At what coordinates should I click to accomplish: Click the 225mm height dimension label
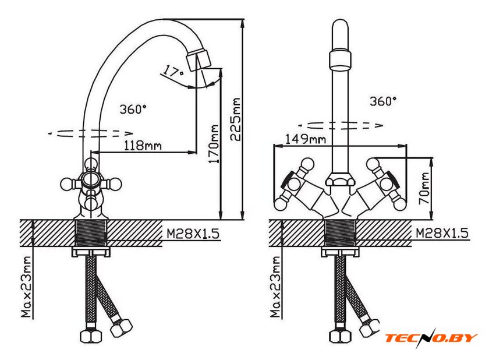236,120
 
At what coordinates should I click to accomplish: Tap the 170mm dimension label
214,144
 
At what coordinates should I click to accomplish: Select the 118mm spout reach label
143,146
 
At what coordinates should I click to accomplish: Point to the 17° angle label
173,71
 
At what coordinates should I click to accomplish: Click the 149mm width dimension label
306,139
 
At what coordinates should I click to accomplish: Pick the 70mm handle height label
424,189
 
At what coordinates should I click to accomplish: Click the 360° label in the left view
133,109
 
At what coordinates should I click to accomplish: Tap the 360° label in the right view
383,101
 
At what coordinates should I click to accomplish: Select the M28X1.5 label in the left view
193,234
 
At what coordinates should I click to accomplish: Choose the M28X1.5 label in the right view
442,233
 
